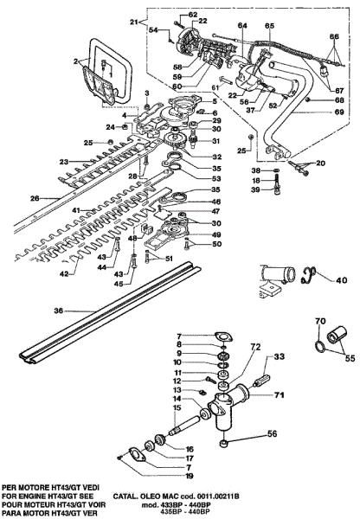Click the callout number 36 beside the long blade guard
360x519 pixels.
click(59, 311)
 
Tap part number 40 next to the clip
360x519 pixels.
click(340, 279)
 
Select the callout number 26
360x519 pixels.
click(34, 198)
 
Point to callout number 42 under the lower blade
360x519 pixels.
click(63, 274)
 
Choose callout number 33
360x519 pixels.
click(280, 356)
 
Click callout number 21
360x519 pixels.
click(134, 21)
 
